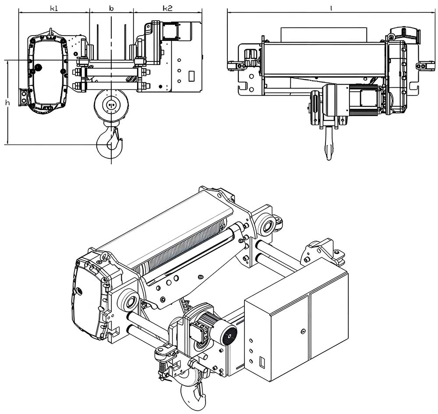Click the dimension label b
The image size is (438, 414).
point(111,8)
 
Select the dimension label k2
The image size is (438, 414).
point(167,8)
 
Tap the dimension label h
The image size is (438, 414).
point(7,103)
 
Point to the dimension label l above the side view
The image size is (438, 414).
point(331,8)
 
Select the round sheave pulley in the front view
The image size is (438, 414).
point(111,105)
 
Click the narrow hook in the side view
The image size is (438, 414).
point(329,145)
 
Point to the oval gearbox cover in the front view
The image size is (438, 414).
point(47,74)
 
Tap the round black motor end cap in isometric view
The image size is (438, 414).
point(228,335)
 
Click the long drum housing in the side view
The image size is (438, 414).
point(324,59)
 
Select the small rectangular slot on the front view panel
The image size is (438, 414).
point(191,76)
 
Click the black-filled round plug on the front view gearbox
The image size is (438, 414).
point(38,67)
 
